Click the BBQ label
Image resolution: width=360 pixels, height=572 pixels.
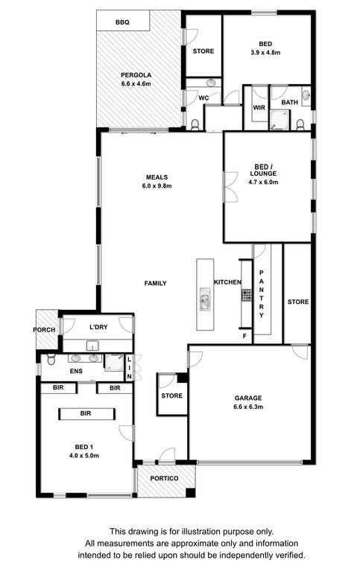[122, 22]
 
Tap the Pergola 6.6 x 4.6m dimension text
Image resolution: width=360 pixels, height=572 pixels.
[136, 83]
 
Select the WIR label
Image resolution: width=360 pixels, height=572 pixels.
[259, 107]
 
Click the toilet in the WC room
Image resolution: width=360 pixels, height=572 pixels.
[195, 125]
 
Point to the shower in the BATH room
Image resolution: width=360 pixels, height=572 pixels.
[279, 121]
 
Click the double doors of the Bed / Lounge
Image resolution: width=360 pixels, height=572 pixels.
[230, 186]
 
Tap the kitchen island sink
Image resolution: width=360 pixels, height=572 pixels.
[205, 299]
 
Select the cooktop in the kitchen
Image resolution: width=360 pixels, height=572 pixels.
[247, 295]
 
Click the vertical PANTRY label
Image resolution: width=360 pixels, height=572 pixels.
[262, 294]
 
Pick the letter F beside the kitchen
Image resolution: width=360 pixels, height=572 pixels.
[245, 336]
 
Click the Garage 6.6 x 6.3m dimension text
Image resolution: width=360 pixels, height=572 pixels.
[248, 407]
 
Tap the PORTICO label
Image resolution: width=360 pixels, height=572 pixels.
[164, 478]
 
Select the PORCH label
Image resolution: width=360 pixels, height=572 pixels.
[44, 330]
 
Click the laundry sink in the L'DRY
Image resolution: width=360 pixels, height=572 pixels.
[93, 346]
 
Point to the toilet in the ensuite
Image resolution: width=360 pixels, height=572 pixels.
[51, 359]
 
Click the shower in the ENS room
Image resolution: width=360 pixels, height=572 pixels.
[114, 362]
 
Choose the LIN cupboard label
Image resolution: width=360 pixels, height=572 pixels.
[129, 368]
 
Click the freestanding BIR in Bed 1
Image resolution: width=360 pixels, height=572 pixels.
[87, 413]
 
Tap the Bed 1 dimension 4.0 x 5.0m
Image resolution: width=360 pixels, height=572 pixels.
[84, 456]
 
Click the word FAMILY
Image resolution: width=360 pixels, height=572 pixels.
[156, 283]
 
